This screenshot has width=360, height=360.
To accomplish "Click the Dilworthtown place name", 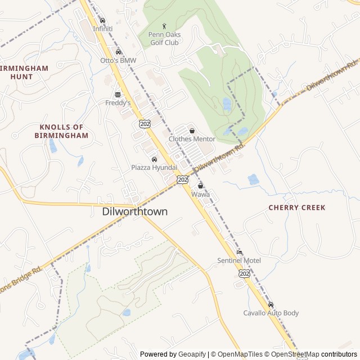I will pyautogui.click(x=134, y=212).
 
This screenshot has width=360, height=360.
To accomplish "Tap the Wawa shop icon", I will pyautogui.click(x=200, y=186).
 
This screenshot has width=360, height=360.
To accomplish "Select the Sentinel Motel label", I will pyautogui.click(x=239, y=260).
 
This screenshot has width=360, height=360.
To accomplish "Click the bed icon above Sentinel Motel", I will pyautogui.click(x=239, y=252).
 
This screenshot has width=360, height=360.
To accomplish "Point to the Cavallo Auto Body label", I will pyautogui.click(x=271, y=313).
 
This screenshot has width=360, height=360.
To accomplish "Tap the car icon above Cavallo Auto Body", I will pyautogui.click(x=271, y=304).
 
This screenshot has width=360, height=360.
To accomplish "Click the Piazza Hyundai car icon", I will pyautogui.click(x=154, y=159).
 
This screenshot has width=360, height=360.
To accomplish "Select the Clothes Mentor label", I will pyautogui.click(x=192, y=139).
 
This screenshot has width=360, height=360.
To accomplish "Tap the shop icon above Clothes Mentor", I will pyautogui.click(x=192, y=130).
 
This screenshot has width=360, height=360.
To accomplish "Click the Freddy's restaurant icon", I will pyautogui.click(x=118, y=94).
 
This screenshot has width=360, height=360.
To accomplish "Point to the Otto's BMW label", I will pyautogui.click(x=118, y=60).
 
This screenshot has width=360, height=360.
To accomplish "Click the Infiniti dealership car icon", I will pyautogui.click(x=102, y=20).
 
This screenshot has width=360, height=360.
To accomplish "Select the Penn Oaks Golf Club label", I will pyautogui.click(x=164, y=38).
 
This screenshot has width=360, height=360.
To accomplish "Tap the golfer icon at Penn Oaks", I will pyautogui.click(x=164, y=25).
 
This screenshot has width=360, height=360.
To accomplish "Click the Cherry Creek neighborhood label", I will pyautogui.click(x=296, y=208).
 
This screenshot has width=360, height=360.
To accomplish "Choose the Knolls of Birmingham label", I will pyautogui.click(x=61, y=131).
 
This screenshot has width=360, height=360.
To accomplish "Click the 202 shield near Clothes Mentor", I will pyautogui.click(x=145, y=123).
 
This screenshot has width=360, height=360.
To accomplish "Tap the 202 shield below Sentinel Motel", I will pyautogui.click(x=244, y=273).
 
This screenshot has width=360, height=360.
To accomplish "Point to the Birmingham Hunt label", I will pyautogui.click(x=25, y=72).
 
